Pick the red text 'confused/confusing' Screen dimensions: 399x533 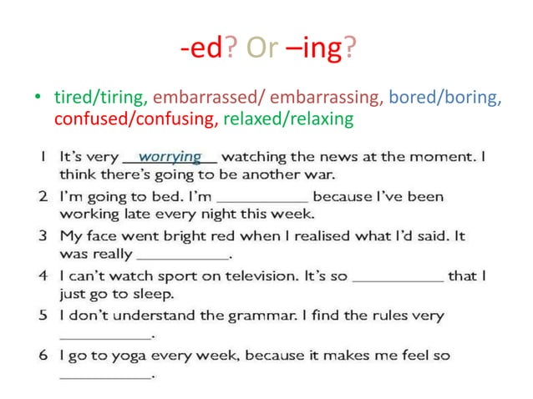[x=134, y=119]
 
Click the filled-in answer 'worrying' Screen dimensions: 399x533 [x=170, y=156]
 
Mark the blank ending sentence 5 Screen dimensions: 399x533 [x=106, y=336]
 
